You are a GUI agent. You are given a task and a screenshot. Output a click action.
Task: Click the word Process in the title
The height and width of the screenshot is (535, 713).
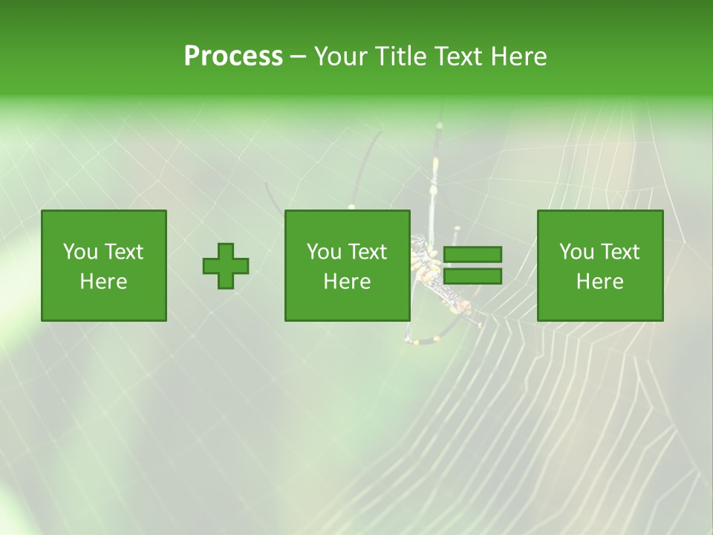[233, 56]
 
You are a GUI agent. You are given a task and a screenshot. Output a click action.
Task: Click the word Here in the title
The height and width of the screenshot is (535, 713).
[519, 56]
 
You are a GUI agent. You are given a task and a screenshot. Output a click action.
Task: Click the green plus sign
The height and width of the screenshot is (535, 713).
[226, 265]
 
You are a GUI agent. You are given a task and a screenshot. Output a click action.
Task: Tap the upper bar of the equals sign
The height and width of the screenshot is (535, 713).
[472, 254]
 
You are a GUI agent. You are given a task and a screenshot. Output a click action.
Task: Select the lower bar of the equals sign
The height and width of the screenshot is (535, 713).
[472, 276]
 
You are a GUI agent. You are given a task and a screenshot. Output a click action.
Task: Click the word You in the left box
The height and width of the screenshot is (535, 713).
[79, 252]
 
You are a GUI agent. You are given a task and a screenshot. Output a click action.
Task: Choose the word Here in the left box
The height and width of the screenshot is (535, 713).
[104, 282]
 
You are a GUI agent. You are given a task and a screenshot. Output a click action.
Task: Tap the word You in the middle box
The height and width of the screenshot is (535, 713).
[324, 252]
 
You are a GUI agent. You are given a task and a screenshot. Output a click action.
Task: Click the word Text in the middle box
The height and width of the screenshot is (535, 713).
[366, 252]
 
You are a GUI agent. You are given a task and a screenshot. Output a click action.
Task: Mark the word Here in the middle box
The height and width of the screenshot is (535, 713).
[348, 282]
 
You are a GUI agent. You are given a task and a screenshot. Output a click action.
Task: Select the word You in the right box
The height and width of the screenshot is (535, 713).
[576, 252]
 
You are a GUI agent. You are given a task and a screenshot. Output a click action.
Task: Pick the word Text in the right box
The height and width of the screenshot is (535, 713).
[619, 252]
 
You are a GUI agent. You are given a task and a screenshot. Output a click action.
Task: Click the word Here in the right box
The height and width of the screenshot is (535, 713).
[600, 282]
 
